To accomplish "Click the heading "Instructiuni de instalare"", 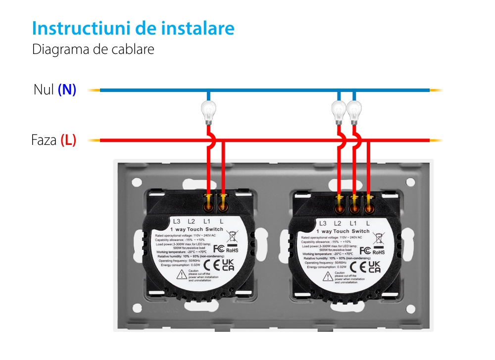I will click(133, 28).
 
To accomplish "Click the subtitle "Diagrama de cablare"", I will click(93, 50).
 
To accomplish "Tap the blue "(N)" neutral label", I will click(67, 90).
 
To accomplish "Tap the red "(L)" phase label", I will click(68, 140).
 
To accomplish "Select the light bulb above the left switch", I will click(208, 111).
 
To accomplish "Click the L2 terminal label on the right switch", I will click(339, 224).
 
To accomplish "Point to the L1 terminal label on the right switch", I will click(353, 224).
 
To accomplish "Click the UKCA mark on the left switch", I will click(228, 265).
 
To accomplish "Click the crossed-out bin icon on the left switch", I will click(231, 235).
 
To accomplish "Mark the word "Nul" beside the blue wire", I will click(44, 90).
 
